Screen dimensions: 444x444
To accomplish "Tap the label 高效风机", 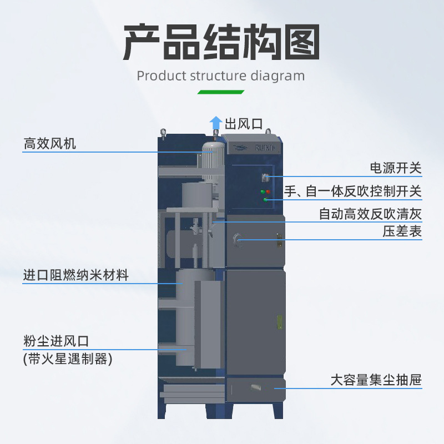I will pos(49,144).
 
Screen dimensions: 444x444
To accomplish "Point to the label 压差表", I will pos(402,231).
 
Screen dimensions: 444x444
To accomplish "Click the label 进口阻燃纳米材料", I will pos(75,275).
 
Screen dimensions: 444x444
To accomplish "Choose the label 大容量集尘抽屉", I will pos(376,380).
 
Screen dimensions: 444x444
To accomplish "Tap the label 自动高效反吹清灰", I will pos(370,214).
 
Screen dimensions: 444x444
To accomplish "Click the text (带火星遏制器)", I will pos(68,359).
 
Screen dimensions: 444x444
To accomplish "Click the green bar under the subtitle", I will pos(221,92).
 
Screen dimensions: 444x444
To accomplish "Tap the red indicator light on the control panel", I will pos(268,191).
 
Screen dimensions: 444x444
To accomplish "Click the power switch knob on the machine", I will pos(265,177).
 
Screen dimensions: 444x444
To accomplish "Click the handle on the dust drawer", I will pos(256,387).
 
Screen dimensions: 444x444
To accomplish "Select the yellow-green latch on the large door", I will pos(280,321).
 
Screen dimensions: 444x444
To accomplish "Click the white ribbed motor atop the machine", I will pos(211,161).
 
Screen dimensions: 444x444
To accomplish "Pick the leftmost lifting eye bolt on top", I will pos(163,132).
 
